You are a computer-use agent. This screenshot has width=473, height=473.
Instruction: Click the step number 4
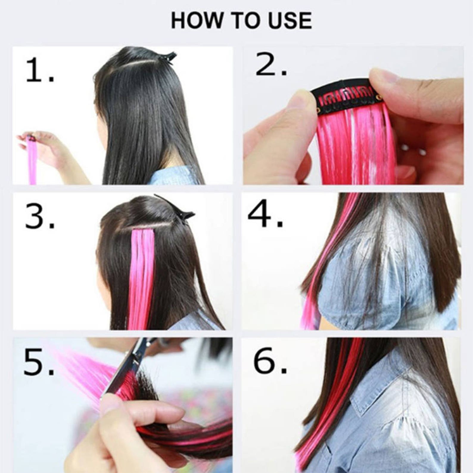point(265,213)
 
